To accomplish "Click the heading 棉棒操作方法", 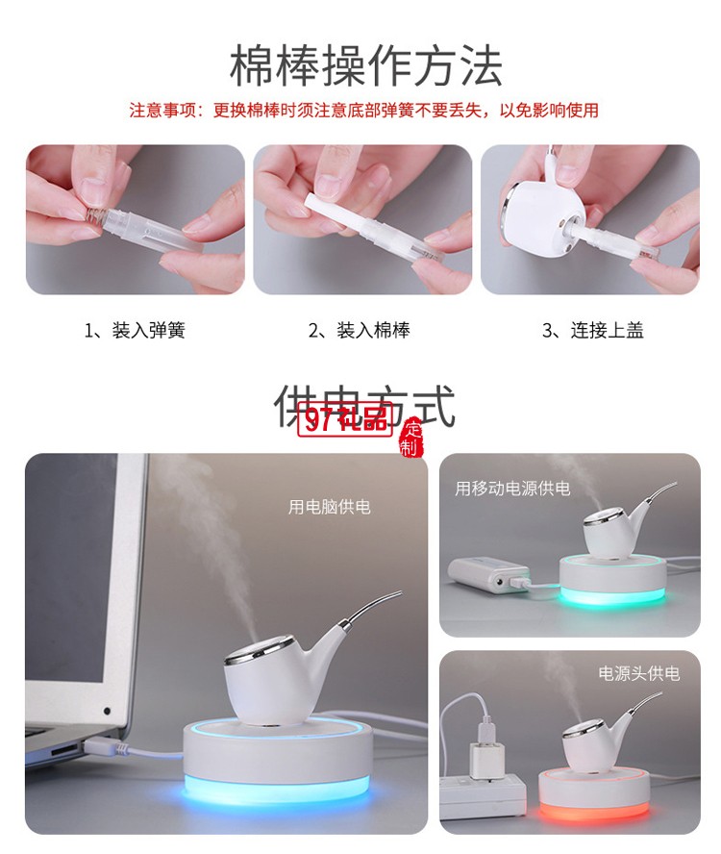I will [365, 65].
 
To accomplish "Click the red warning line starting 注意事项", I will [363, 110].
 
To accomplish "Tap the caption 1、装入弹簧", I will [135, 331].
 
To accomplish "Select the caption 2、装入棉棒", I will [360, 331].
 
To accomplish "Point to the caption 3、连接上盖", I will [592, 331].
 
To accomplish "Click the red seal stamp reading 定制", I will [411, 437].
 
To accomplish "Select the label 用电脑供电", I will [329, 507].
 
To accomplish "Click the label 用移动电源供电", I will [512, 489].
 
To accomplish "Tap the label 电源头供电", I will [638, 673].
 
